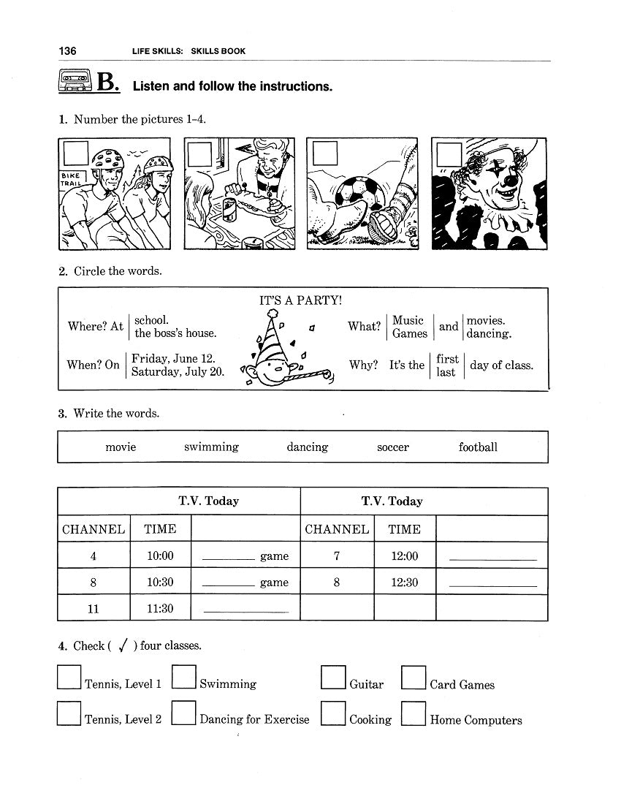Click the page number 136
pos(67,51)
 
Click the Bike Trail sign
pos(75,180)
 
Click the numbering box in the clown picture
pos(449,154)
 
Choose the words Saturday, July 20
pos(178,371)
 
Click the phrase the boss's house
pos(175,333)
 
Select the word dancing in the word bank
pos(307,447)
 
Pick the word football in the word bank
pos(478,447)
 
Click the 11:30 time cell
pos(160,608)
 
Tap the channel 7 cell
pos(336,555)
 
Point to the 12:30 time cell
pos(404,583)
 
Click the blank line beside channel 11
pos(245,610)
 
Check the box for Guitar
pos(333,678)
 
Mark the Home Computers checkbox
pos(414,713)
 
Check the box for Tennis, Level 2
pos(69,713)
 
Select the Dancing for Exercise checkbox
pos(183,713)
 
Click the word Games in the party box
pos(409,333)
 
